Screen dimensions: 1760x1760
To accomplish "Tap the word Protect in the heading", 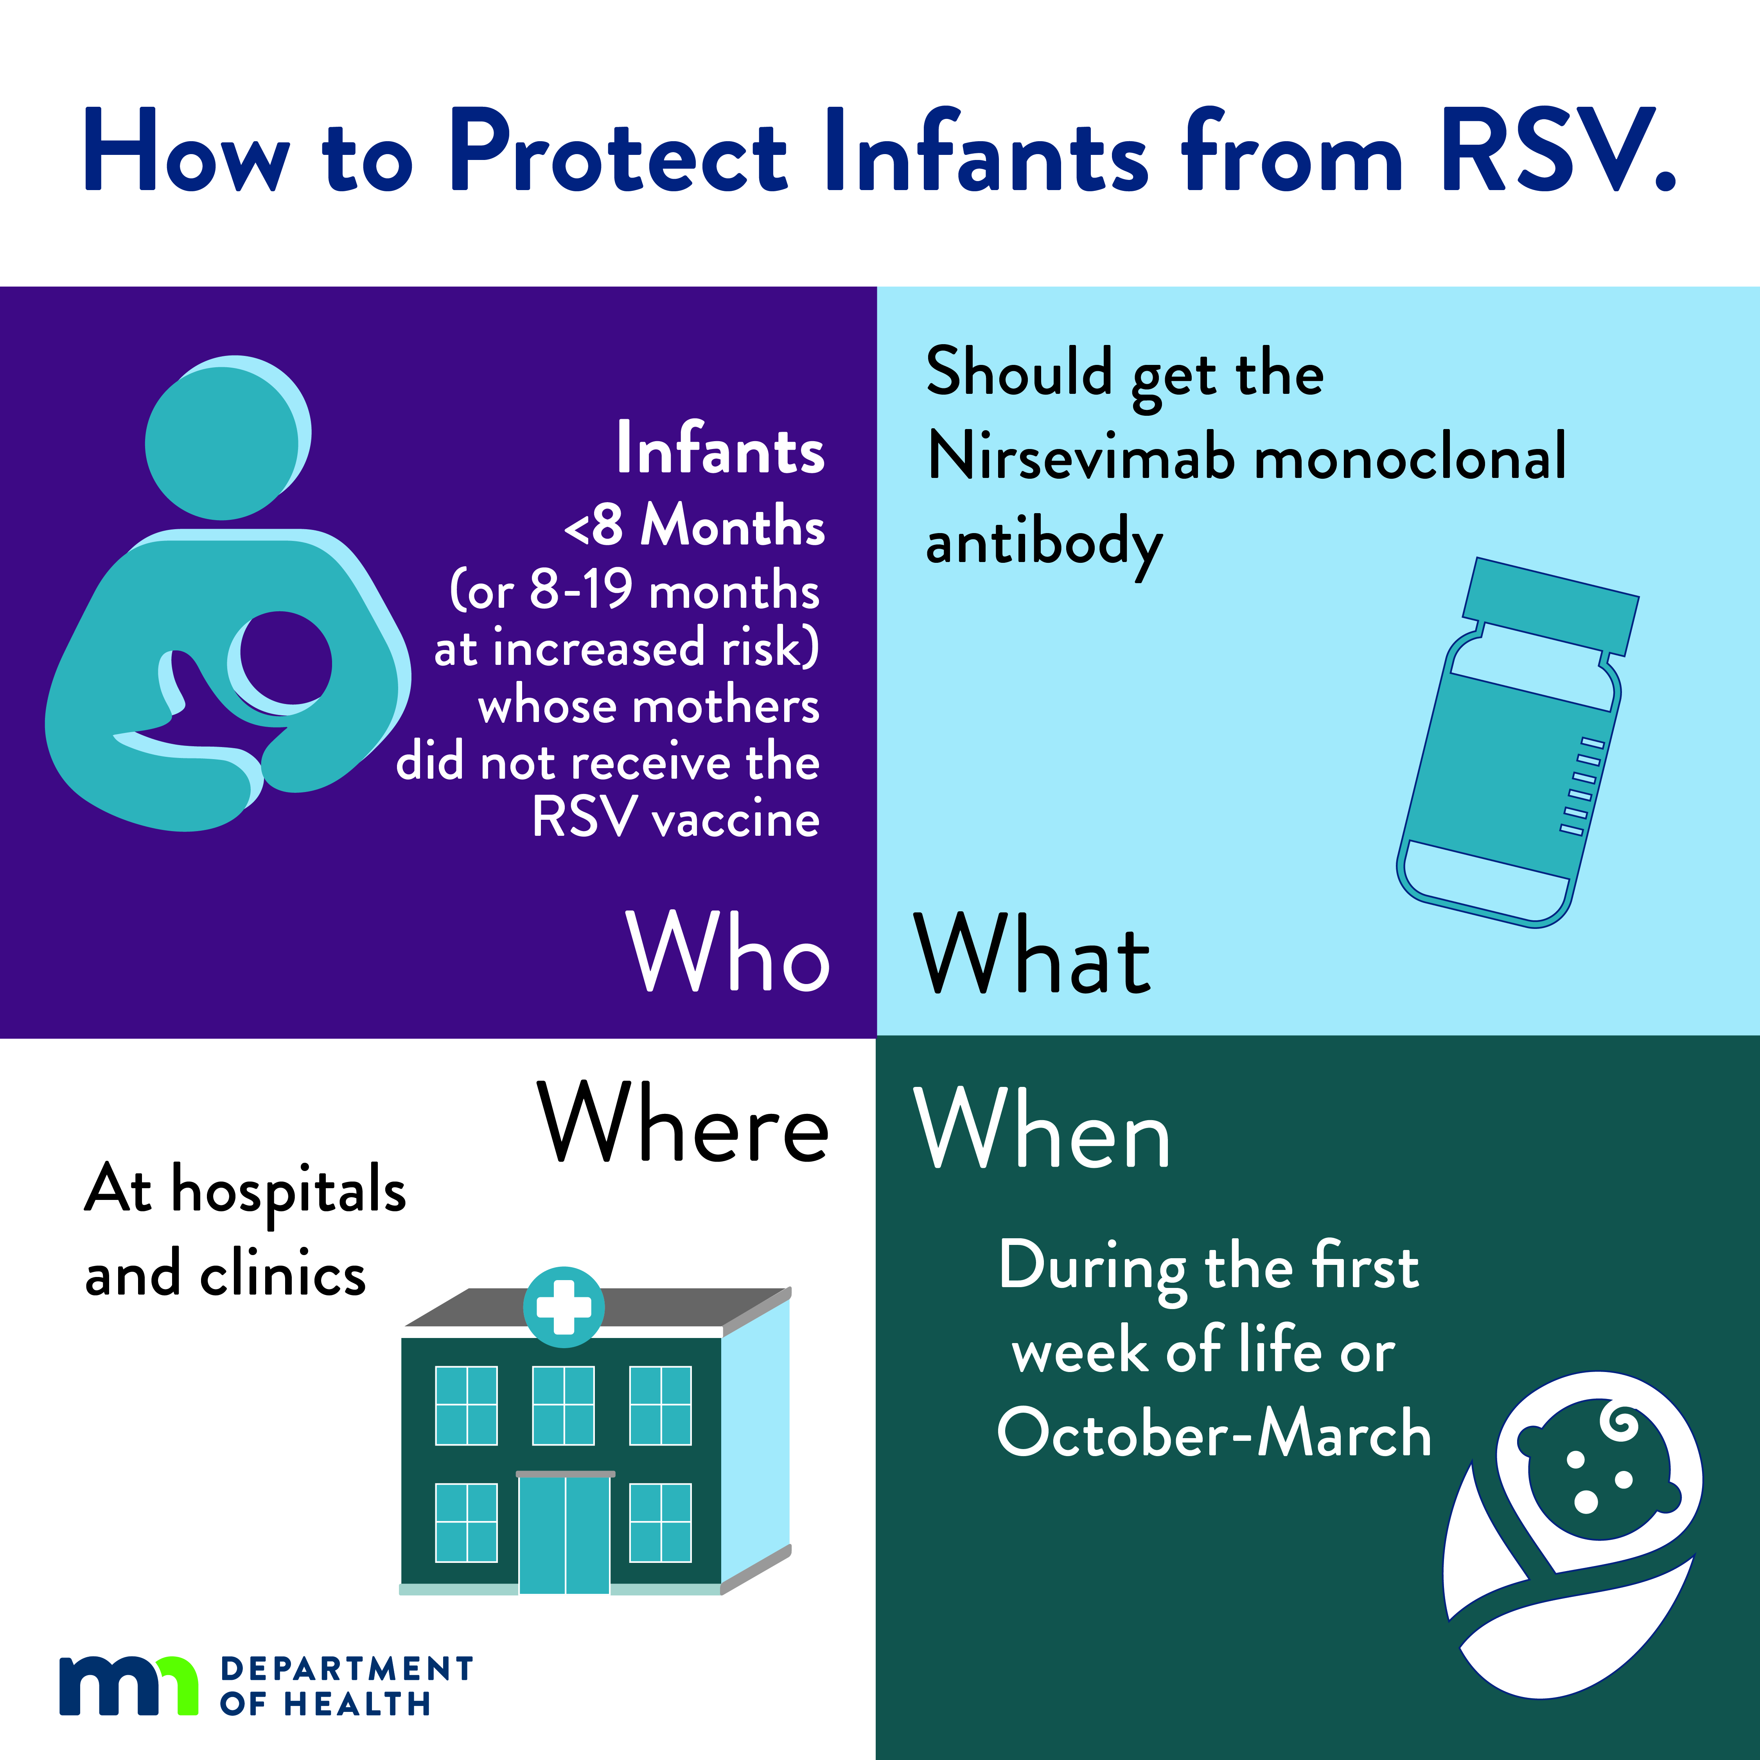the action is click(x=620, y=150).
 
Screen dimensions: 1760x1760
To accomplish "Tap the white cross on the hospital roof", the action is click(x=564, y=1307).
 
